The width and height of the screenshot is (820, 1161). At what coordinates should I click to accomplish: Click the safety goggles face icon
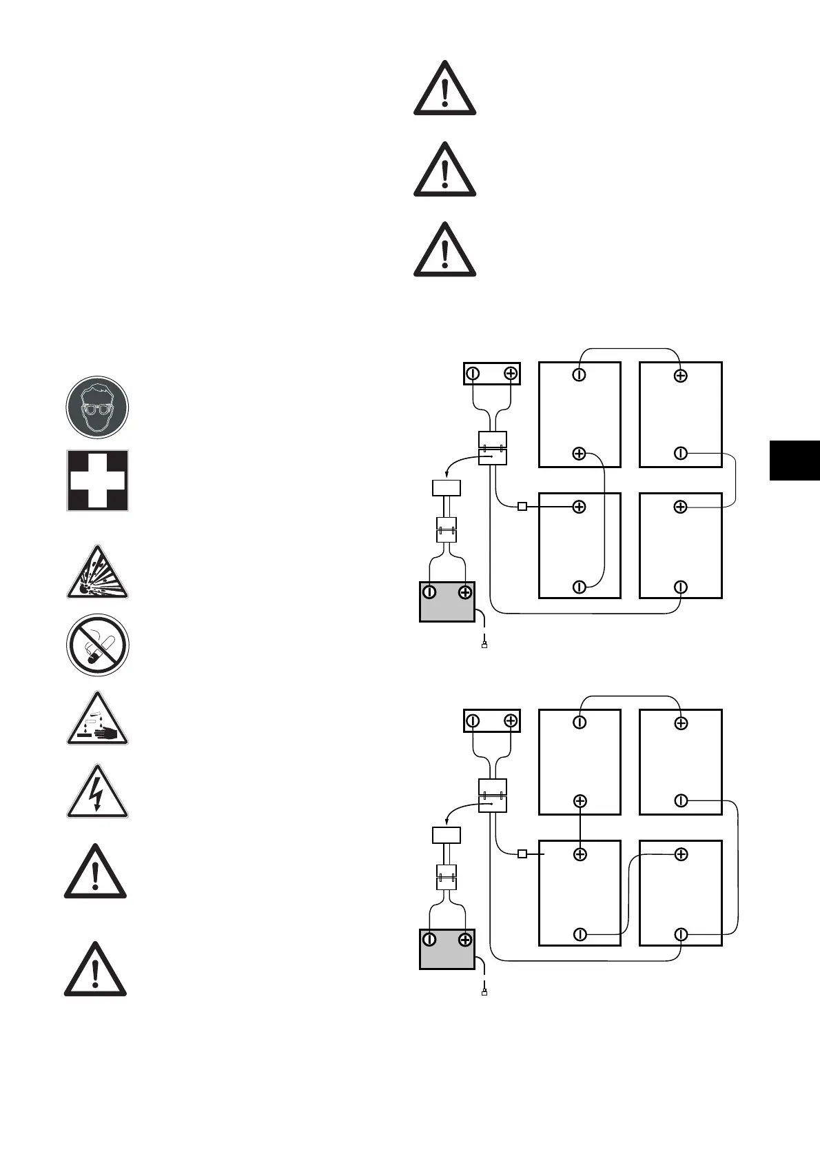click(x=97, y=407)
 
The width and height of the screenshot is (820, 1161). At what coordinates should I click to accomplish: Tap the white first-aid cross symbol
click(x=97, y=481)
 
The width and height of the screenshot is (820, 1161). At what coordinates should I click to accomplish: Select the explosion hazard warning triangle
click(x=97, y=574)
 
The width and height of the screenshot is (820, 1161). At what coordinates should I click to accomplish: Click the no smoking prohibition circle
click(x=97, y=645)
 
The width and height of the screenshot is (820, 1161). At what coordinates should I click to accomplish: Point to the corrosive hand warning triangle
click(x=97, y=721)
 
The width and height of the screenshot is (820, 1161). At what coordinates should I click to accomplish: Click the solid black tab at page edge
click(x=795, y=460)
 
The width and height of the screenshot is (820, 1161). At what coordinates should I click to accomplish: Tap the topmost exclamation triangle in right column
click(x=444, y=90)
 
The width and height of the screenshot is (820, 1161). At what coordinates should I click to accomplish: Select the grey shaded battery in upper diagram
click(x=447, y=602)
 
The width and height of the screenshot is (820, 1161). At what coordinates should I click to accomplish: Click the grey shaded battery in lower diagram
click(x=447, y=949)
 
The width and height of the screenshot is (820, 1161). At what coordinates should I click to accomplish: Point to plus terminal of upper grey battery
click(x=465, y=592)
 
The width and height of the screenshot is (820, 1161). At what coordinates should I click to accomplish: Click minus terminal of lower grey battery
click(x=429, y=940)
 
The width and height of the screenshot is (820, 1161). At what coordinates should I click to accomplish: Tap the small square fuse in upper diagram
click(x=522, y=507)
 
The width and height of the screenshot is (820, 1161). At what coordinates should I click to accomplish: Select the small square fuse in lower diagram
click(x=522, y=854)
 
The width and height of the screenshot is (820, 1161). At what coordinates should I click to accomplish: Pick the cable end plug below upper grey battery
click(x=484, y=646)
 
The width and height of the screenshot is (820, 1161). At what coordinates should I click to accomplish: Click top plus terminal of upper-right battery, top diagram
click(x=680, y=376)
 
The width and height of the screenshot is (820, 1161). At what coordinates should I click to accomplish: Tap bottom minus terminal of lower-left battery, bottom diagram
click(x=580, y=935)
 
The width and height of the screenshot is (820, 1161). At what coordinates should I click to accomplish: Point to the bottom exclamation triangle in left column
click(x=95, y=971)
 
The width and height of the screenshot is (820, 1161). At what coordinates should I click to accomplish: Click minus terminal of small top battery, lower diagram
click(x=473, y=721)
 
